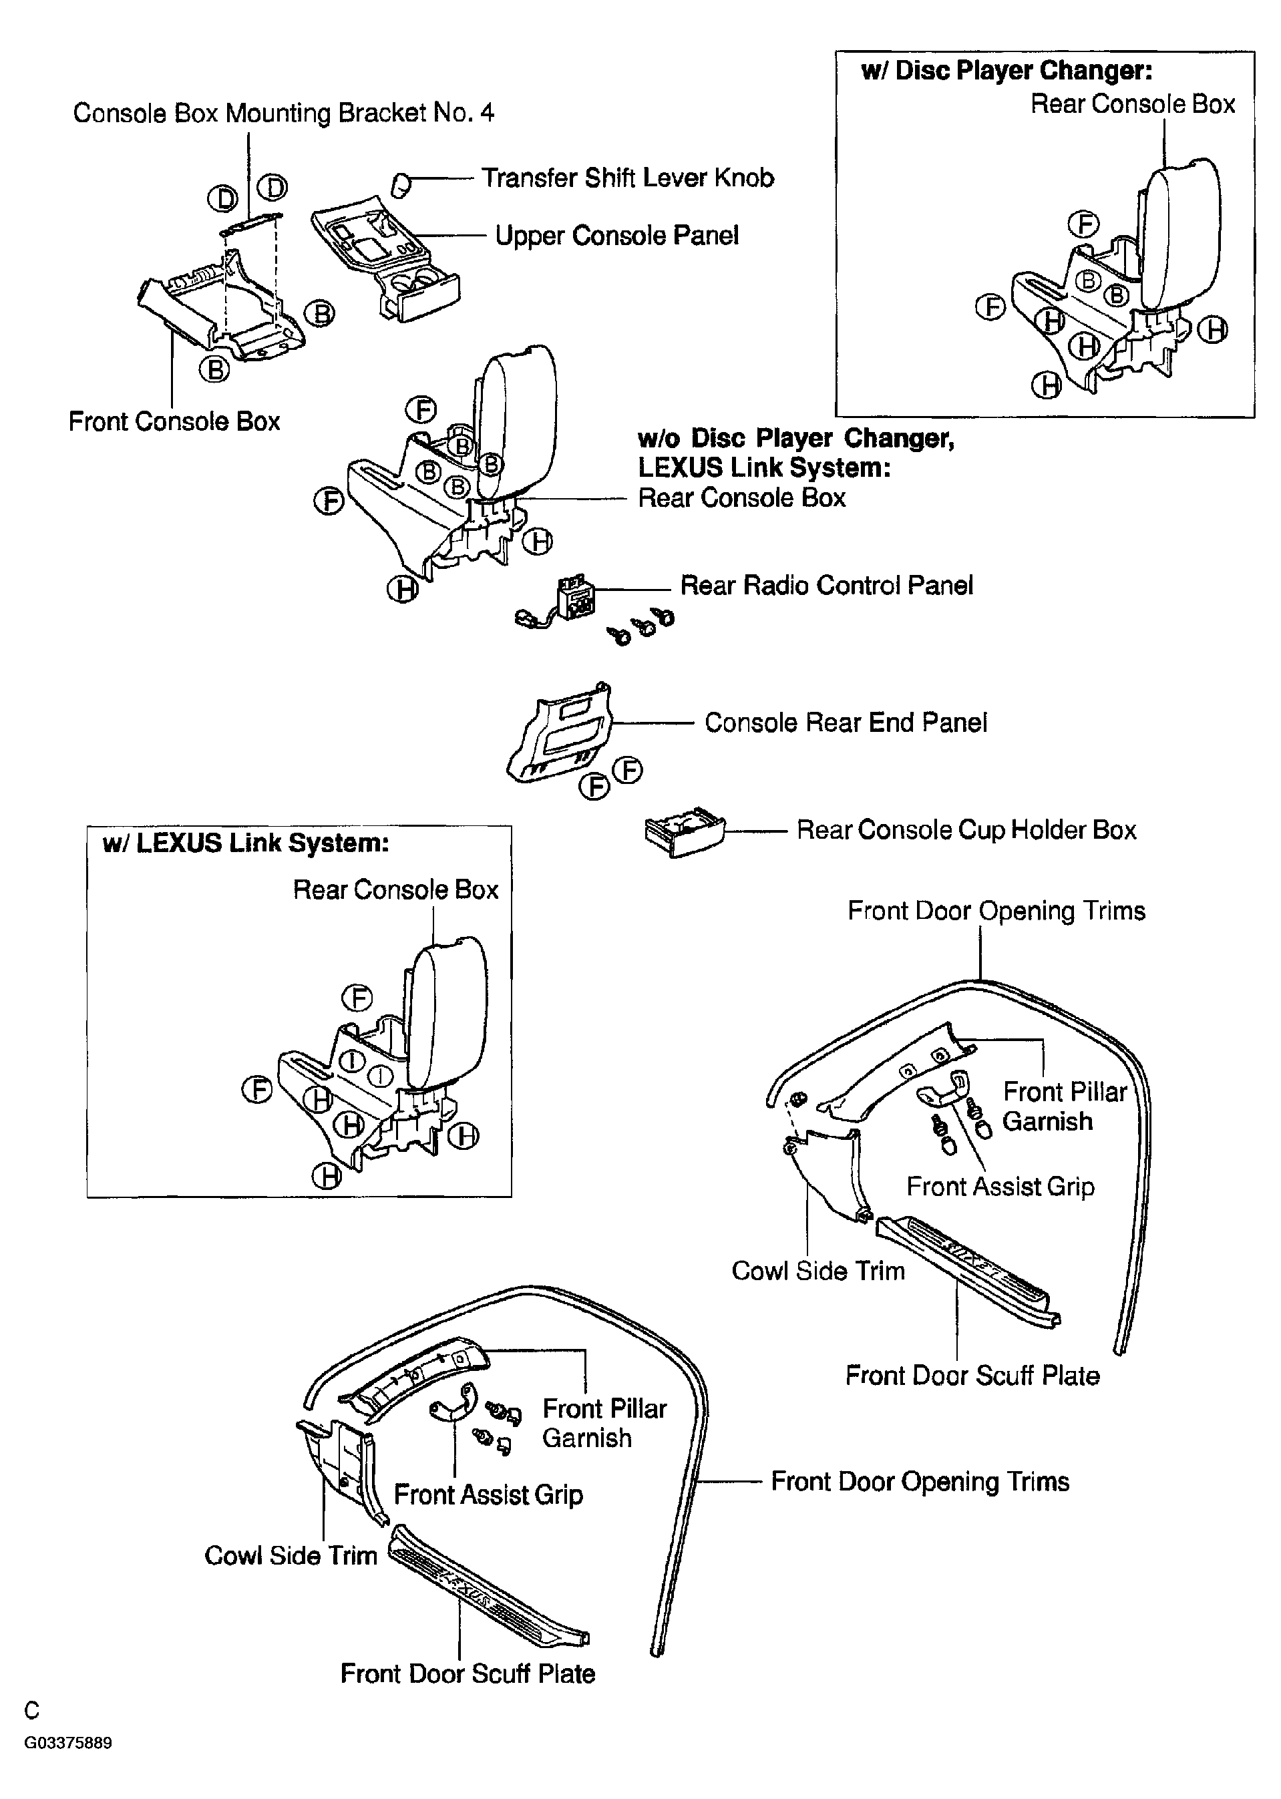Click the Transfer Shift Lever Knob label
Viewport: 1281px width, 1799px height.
[627, 178]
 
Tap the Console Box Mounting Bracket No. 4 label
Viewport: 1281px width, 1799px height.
[283, 113]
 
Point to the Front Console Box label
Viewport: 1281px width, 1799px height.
[174, 421]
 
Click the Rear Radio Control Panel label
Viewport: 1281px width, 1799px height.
[826, 585]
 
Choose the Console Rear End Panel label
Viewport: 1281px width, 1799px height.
[845, 723]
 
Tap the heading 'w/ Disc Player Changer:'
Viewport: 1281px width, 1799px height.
[1006, 71]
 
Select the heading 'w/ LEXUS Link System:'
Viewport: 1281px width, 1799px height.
[245, 843]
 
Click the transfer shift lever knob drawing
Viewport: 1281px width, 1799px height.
[401, 184]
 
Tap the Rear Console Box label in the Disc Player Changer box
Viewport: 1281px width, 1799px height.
[1132, 104]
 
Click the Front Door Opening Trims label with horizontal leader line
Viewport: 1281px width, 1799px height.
[920, 1481]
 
